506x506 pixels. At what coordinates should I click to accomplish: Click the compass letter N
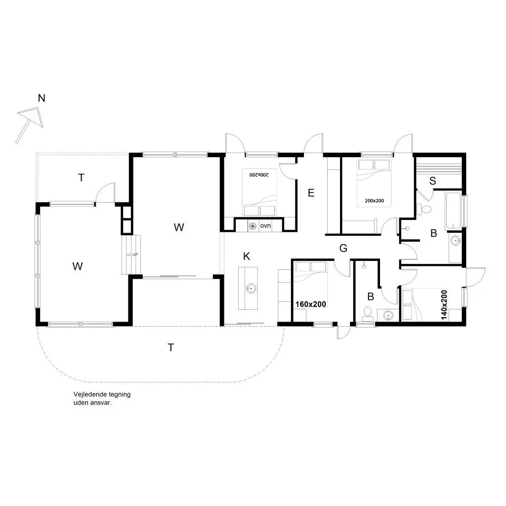[x=42, y=98]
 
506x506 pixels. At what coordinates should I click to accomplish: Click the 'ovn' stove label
[x=265, y=225]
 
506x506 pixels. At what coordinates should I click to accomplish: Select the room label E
[x=311, y=193]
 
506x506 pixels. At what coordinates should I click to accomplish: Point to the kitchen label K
[x=247, y=256]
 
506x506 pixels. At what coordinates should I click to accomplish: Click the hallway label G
[x=343, y=248]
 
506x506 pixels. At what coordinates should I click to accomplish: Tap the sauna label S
[x=433, y=181]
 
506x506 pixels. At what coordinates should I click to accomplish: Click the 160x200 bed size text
[x=311, y=304]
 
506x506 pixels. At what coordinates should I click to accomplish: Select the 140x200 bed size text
[x=444, y=305]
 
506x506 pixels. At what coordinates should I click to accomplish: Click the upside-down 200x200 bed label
[x=259, y=174]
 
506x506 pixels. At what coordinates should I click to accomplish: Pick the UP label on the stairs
[x=135, y=254]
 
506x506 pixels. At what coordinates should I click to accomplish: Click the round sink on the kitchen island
[x=251, y=288]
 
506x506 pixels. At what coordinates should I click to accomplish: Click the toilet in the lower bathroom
[x=367, y=313]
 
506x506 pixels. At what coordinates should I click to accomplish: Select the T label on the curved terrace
[x=171, y=347]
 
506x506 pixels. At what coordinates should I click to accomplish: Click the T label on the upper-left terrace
[x=82, y=177]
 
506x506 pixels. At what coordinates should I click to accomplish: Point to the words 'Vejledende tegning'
[x=102, y=394]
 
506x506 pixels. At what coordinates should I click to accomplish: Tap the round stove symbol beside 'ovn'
[x=253, y=226]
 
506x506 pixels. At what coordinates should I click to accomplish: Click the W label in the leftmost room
[x=78, y=266]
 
